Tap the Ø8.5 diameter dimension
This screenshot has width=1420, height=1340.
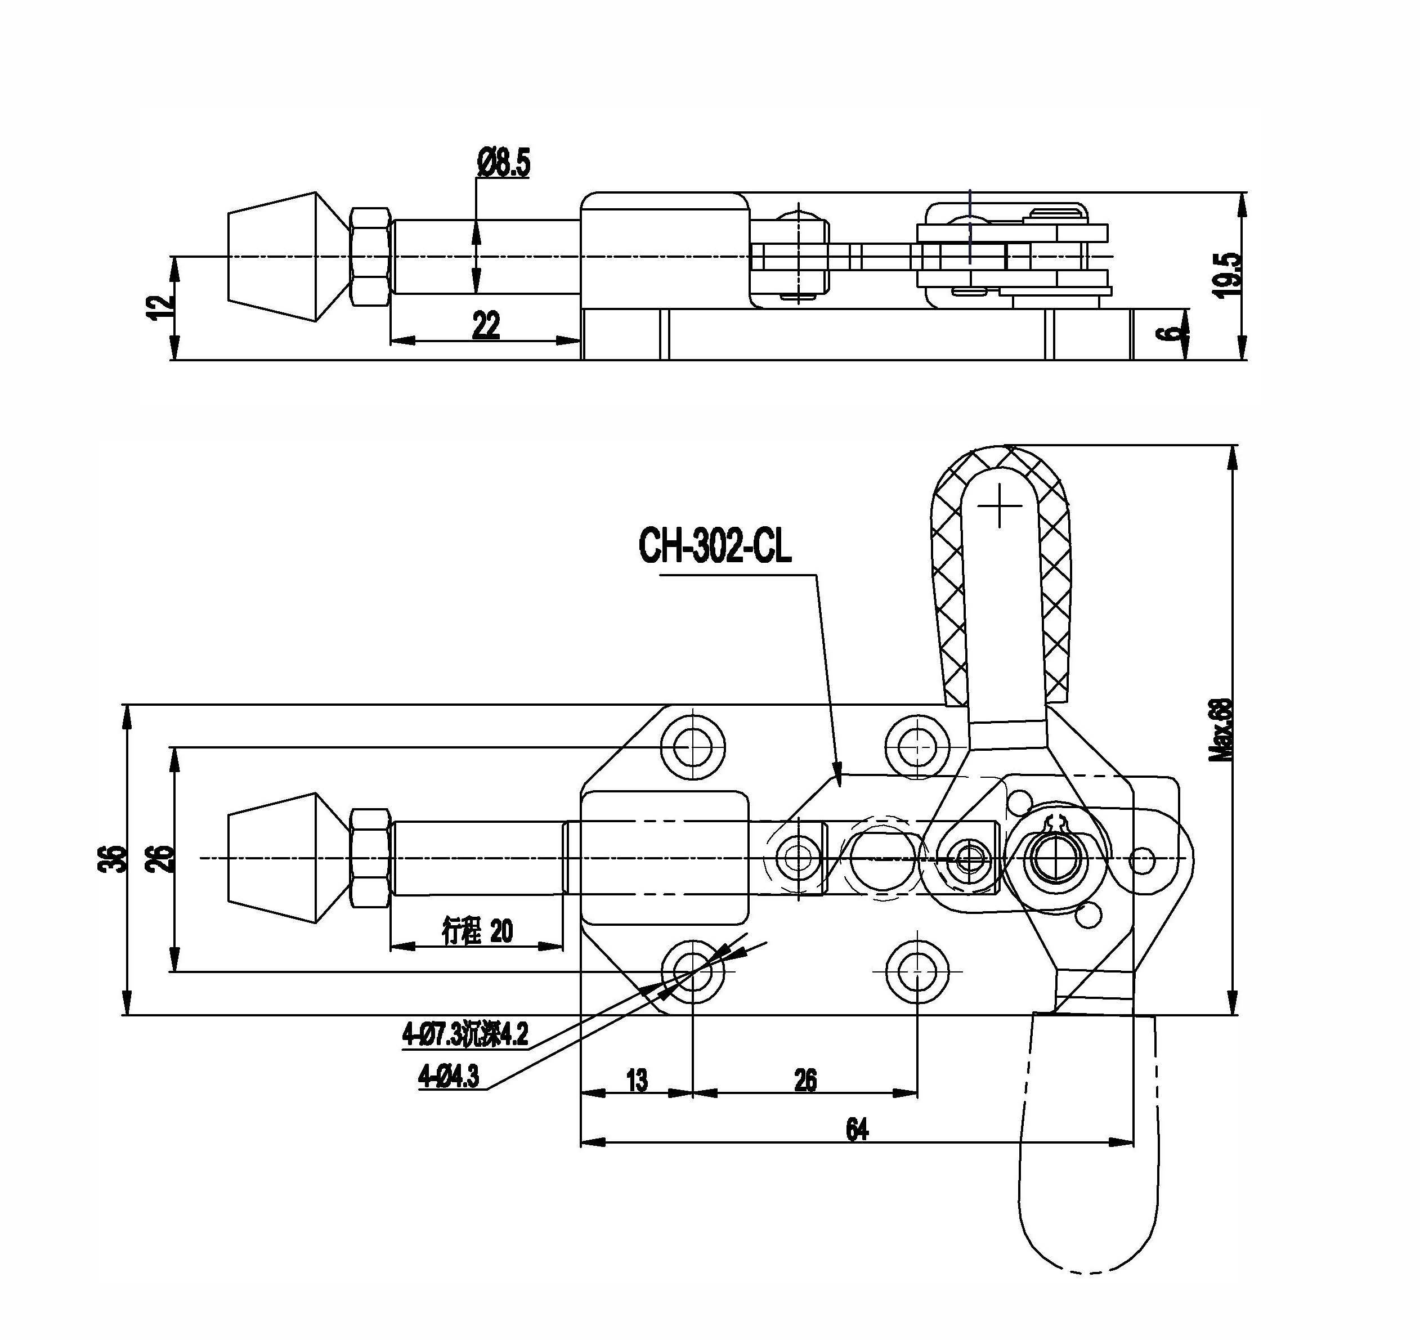504,163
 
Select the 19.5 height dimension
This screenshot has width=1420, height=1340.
1227,275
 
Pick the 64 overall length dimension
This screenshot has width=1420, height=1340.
857,1130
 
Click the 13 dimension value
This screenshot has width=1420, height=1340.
637,1081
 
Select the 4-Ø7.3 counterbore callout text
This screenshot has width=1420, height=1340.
465,1034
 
